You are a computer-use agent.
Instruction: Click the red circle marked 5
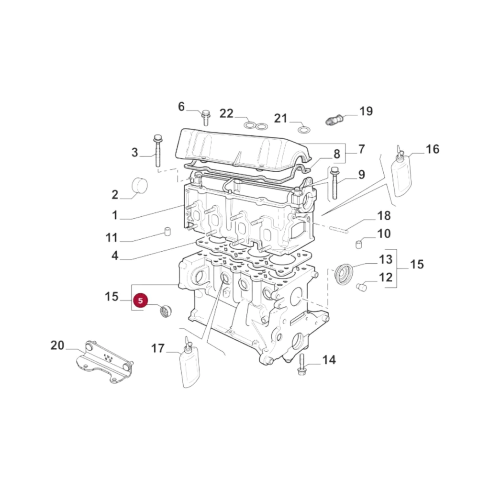tap(140, 301)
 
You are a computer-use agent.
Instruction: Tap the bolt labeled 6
tap(206, 118)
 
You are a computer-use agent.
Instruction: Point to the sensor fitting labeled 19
tap(335, 119)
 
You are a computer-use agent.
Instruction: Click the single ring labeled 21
tap(304, 129)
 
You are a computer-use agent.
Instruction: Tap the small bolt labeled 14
tap(302, 365)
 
